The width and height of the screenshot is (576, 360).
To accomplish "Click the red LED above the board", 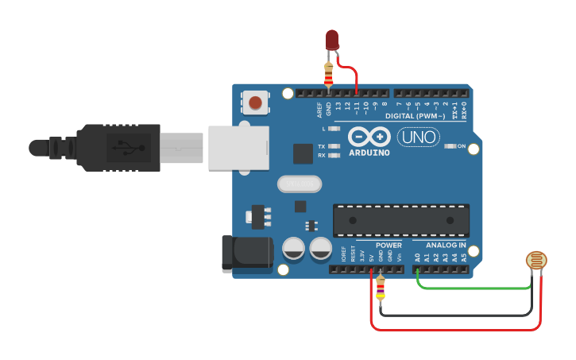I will tap(332, 39).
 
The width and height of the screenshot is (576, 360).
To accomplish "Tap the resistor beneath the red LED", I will tap(329, 75).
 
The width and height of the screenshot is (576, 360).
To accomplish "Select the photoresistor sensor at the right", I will tap(537, 260).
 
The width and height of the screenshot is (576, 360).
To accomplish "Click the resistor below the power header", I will tap(381, 289).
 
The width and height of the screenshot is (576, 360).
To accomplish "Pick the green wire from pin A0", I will tap(477, 288).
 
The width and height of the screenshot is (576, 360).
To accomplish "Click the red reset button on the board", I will tap(255, 102).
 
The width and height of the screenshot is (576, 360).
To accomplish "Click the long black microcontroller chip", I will tap(400, 220).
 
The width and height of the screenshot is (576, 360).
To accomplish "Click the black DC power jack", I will tap(246, 253).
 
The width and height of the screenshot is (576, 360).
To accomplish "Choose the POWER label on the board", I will tap(389, 246).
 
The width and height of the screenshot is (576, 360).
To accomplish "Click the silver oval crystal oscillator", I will tap(300, 184).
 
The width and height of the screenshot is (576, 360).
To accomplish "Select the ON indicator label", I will tap(460, 146).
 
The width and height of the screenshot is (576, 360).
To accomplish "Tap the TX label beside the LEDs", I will tap(321, 147).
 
